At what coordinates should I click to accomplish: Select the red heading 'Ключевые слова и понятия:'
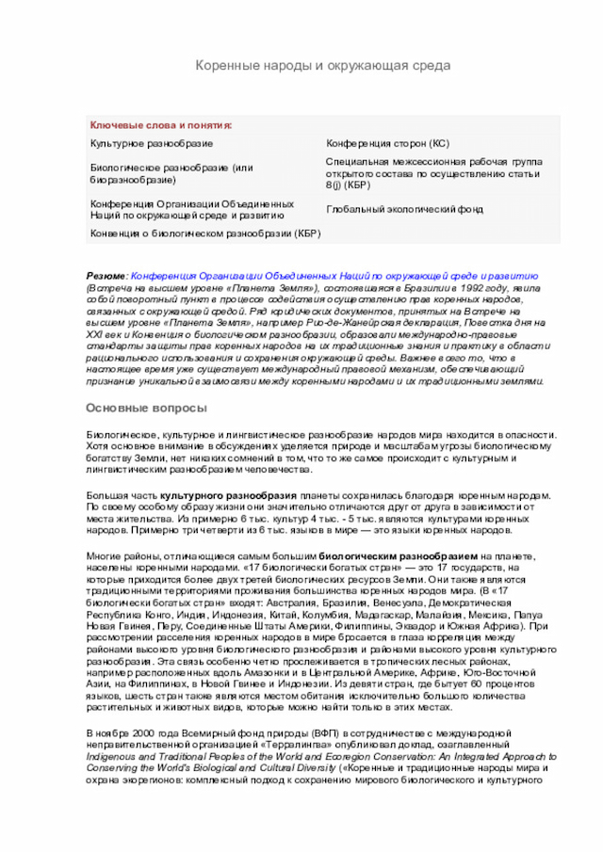pyautogui.click(x=161, y=125)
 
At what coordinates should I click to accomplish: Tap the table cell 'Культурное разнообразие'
pyautogui.click(x=151, y=143)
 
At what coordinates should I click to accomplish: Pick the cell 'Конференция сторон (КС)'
pyautogui.click(x=387, y=143)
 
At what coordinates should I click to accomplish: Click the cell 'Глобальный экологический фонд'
pyautogui.click(x=404, y=210)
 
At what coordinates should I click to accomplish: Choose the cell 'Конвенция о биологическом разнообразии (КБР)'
pyautogui.click(x=205, y=233)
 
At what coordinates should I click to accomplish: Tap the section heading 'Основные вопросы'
pyautogui.click(x=146, y=408)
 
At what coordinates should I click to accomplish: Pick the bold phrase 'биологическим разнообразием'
pyautogui.click(x=399, y=557)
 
